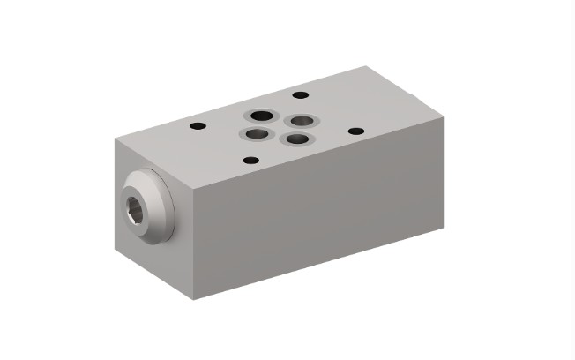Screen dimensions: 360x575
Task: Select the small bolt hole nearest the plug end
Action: (x=198, y=126)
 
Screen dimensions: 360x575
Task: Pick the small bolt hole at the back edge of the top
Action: (x=300, y=94)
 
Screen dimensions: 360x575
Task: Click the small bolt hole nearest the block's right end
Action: (x=355, y=131)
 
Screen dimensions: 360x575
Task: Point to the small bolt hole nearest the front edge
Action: (x=250, y=161)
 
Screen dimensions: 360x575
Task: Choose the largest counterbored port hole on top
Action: (x=261, y=115)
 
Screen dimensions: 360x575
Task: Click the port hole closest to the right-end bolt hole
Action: (x=302, y=120)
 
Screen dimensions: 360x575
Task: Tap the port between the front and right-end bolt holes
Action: (x=290, y=139)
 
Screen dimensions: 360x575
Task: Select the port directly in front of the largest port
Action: (x=255, y=135)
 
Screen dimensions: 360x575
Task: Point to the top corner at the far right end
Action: (x=444, y=116)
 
